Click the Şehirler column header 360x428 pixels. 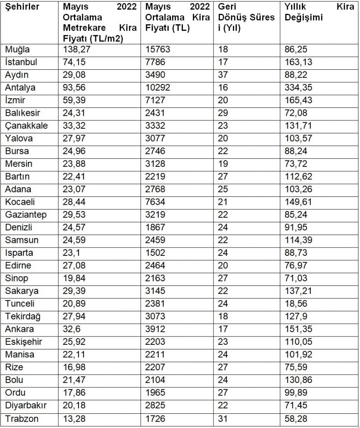pyautogui.click(x=23, y=7)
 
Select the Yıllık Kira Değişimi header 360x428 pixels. pyautogui.click(x=319, y=13)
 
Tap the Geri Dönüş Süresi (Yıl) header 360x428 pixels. pyautogui.click(x=246, y=18)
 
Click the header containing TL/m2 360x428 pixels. pyautogui.click(x=99, y=23)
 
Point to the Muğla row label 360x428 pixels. pyautogui.click(x=18, y=49)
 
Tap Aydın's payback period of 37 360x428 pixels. pyautogui.click(x=223, y=75)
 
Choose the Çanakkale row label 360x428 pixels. pyautogui.click(x=26, y=126)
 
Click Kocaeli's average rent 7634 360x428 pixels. pyautogui.click(x=155, y=202)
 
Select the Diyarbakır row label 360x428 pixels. pyautogui.click(x=26, y=405)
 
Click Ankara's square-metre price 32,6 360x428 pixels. pyautogui.click(x=73, y=329)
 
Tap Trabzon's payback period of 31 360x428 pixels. pyautogui.click(x=223, y=418)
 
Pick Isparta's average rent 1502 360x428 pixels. pyautogui.click(x=155, y=253)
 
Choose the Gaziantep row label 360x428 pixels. pyautogui.click(x=26, y=215)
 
